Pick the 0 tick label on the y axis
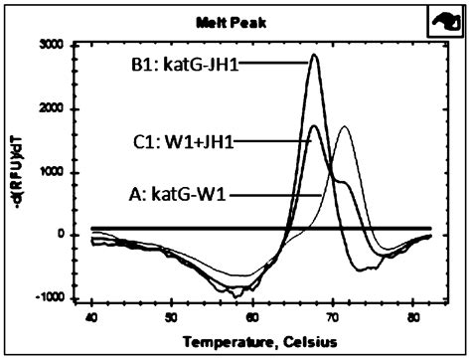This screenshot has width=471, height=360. pos(73,235)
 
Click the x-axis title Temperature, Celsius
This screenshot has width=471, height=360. pos(250,340)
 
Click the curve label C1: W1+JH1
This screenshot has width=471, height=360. pos(188,142)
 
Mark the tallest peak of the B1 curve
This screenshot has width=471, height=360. pos(314,55)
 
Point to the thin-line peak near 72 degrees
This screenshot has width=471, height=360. pos(344,127)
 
